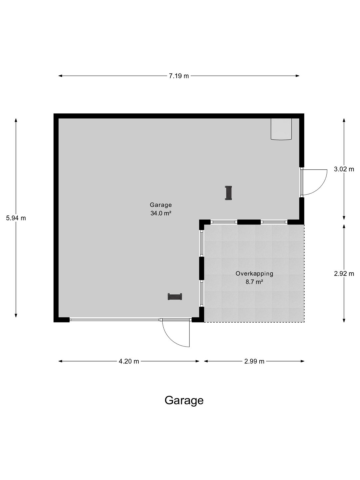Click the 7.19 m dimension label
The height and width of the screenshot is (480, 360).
(179, 76)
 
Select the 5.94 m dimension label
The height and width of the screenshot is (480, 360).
(16, 218)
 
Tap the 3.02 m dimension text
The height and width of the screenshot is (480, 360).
(344, 169)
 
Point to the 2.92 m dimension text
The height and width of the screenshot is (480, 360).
(344, 274)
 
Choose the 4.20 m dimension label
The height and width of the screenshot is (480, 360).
(129, 361)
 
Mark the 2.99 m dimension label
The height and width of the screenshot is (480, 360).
(254, 361)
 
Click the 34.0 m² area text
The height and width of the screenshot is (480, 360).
(160, 213)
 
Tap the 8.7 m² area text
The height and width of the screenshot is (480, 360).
(254, 282)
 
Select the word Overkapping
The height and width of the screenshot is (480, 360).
(254, 274)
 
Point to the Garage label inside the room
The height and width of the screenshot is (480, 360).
(161, 205)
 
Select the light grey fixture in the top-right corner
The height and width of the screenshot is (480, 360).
(281, 129)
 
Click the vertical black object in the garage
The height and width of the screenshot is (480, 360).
(228, 193)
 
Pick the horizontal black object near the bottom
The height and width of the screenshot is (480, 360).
(175, 297)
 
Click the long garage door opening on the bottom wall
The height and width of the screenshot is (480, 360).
(115, 320)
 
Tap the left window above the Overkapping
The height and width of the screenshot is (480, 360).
(224, 222)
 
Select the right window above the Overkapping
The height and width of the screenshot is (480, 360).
(274, 222)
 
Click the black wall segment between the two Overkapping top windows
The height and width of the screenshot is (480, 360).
(249, 222)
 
